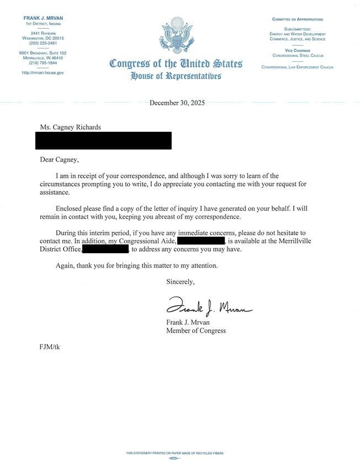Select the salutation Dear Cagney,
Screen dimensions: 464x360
click(x=60, y=160)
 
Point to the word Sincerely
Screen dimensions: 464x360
click(x=181, y=281)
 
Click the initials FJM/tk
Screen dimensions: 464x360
click(x=50, y=347)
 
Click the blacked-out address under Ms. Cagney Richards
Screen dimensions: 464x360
click(x=103, y=141)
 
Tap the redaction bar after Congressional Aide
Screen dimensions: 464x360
click(x=201, y=241)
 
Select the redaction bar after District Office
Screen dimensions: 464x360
click(x=105, y=249)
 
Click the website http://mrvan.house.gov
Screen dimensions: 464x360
click(x=44, y=73)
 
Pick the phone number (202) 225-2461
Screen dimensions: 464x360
click(x=44, y=43)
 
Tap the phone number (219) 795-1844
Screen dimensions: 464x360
click(x=44, y=63)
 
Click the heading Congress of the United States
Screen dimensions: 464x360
click(x=176, y=63)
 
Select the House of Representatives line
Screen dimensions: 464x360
click(x=176, y=76)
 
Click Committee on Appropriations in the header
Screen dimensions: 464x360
click(x=298, y=19)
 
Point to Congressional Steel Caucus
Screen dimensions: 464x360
click(x=298, y=56)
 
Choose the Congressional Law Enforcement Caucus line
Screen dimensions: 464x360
click(x=298, y=67)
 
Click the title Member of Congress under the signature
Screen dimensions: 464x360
click(x=196, y=331)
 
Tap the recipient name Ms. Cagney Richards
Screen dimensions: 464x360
click(x=70, y=127)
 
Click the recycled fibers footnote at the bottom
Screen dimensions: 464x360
click(x=174, y=454)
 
